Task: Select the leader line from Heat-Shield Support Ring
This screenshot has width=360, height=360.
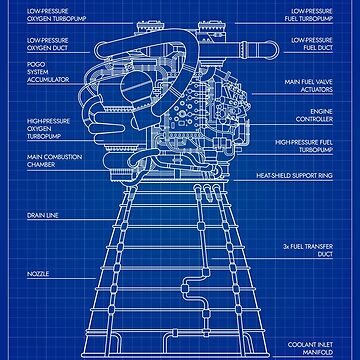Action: click(245, 174)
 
